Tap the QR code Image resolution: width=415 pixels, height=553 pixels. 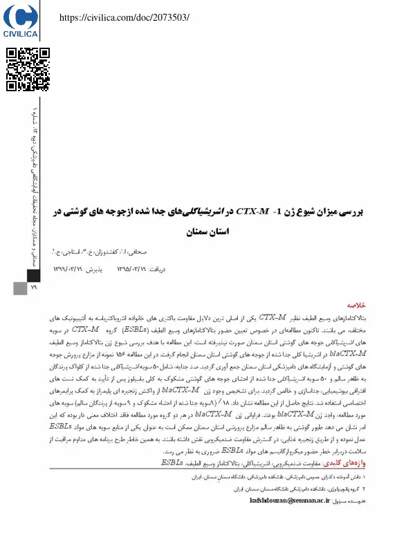28,70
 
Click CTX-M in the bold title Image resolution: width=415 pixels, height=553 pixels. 252,209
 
